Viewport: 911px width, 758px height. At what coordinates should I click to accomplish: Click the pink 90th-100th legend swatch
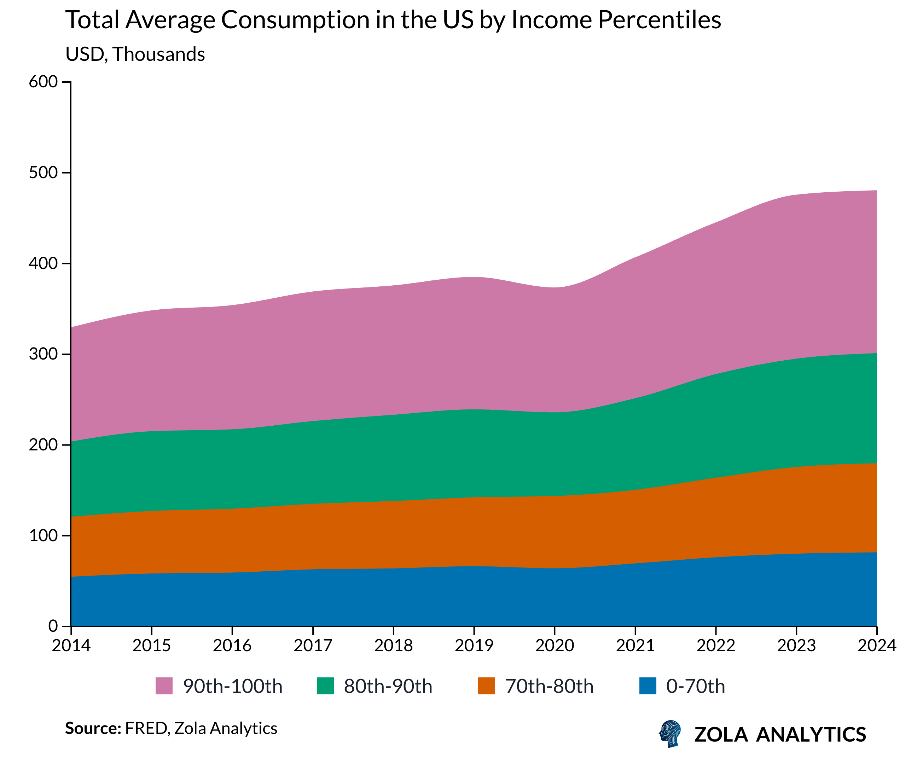click(164, 686)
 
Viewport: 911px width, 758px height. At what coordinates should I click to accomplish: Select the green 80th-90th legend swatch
click(325, 686)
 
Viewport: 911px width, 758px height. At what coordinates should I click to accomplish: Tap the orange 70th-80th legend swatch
click(486, 686)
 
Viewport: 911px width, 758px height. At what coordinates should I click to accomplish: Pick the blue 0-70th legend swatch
click(648, 686)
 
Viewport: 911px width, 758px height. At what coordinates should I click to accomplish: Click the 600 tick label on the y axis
click(43, 82)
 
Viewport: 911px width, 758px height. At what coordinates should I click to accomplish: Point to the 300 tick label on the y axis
click(43, 354)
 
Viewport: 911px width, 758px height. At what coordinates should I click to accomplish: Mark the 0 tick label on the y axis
click(53, 626)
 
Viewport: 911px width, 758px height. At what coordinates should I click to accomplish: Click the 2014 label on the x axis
click(71, 645)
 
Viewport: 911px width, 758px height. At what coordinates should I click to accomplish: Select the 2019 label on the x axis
click(474, 645)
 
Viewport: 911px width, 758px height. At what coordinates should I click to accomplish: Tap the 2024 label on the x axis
click(877, 645)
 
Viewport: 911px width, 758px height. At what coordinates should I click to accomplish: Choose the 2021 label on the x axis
click(635, 645)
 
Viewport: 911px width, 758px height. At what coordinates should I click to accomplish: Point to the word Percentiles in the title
click(660, 21)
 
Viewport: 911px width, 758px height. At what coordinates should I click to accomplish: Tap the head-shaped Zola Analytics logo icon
click(670, 734)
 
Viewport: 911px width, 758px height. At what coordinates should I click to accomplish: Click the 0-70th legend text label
click(695, 686)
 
